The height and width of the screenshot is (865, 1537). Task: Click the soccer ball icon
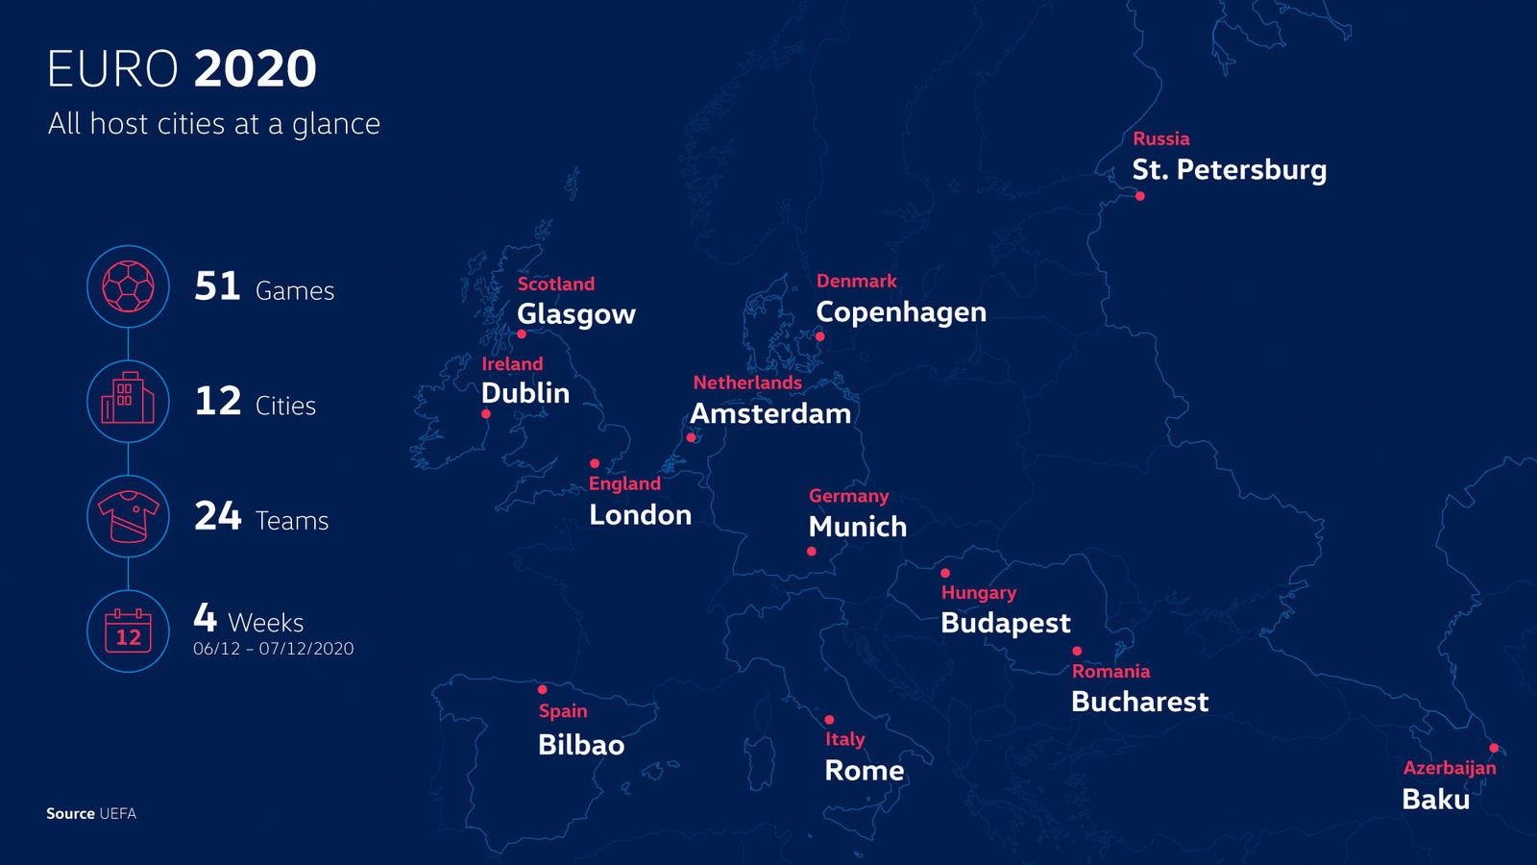(x=128, y=286)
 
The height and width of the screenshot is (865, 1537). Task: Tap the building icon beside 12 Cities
(x=128, y=401)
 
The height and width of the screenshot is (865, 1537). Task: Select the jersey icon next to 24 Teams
(x=128, y=516)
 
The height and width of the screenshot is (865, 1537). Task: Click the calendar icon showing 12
(x=128, y=631)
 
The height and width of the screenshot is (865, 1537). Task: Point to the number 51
(x=217, y=286)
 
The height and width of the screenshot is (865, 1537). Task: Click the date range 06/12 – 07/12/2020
(x=273, y=649)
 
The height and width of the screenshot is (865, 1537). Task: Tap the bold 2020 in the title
(x=255, y=69)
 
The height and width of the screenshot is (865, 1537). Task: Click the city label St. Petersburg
(x=1229, y=170)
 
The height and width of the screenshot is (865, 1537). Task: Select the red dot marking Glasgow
(x=522, y=334)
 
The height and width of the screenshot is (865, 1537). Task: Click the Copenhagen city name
(x=900, y=312)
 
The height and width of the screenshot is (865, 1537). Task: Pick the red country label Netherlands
(x=747, y=383)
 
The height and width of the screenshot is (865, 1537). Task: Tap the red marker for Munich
(x=812, y=552)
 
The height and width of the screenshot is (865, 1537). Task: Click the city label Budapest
(x=1005, y=623)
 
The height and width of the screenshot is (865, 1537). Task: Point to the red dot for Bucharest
(x=1077, y=652)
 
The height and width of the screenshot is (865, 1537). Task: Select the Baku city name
(x=1435, y=799)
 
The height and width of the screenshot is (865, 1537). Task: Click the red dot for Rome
(x=829, y=720)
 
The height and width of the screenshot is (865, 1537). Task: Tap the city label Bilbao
(x=581, y=745)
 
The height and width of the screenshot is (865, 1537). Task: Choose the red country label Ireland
(x=512, y=364)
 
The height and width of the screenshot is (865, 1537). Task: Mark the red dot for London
(x=595, y=463)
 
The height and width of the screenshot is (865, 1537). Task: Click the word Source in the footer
(x=70, y=813)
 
